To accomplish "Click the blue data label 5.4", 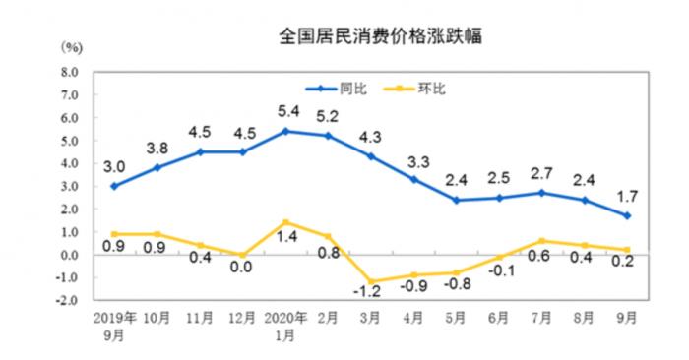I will [x=285, y=112].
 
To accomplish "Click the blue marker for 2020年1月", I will [x=285, y=131].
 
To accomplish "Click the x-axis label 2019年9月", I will [x=114, y=327].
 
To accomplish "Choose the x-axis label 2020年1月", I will [x=285, y=327].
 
